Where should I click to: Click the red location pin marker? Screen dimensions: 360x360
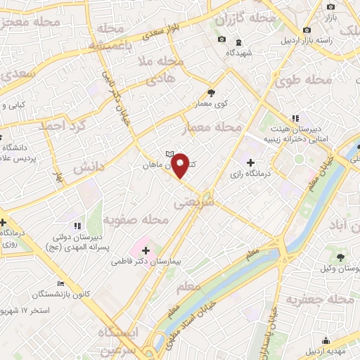[x=181, y=165]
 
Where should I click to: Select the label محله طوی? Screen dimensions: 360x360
[x=307, y=81]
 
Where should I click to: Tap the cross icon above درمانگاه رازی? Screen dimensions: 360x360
[x=251, y=162]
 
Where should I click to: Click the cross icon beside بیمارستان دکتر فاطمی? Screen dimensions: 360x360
[x=146, y=250]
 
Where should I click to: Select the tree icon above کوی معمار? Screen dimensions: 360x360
[x=211, y=92]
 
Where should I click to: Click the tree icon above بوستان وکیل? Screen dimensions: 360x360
[x=340, y=257]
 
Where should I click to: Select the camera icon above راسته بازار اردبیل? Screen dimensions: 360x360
[x=307, y=30]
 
